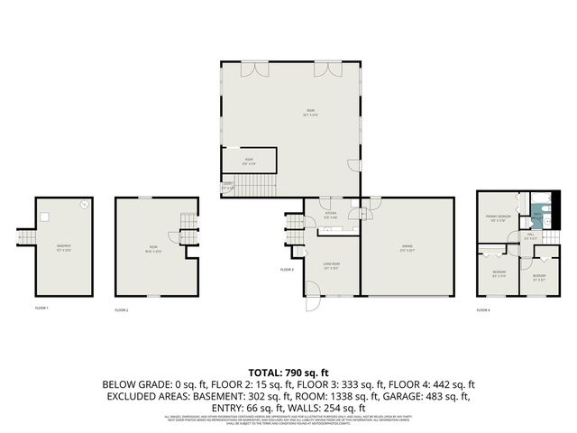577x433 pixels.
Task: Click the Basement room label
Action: [64, 246]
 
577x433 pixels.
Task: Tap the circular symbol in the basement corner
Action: [85, 205]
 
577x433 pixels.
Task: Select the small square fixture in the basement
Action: [43, 216]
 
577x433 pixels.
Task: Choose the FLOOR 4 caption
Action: [484, 310]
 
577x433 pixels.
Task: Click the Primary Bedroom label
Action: [499, 217]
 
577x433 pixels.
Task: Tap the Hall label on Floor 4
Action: [530, 237]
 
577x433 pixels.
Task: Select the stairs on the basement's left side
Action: [23, 236]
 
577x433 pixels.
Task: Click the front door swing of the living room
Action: [312, 289]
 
